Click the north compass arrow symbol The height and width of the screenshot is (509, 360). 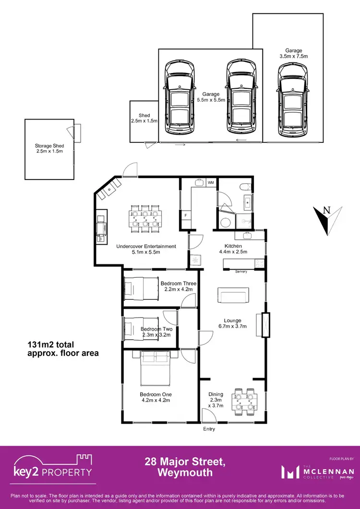[x=327, y=219]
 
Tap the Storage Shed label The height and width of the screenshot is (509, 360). [x=49, y=149]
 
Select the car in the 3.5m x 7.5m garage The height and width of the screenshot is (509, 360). [x=292, y=100]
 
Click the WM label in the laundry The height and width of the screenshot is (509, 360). [x=211, y=183]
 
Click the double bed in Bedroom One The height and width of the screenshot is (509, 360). [x=154, y=368]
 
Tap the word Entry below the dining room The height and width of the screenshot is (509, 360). [x=209, y=429]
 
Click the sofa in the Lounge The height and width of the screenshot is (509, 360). [x=233, y=295]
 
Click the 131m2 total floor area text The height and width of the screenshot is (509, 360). [x=62, y=349]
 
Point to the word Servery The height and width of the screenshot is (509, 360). [x=241, y=272]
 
